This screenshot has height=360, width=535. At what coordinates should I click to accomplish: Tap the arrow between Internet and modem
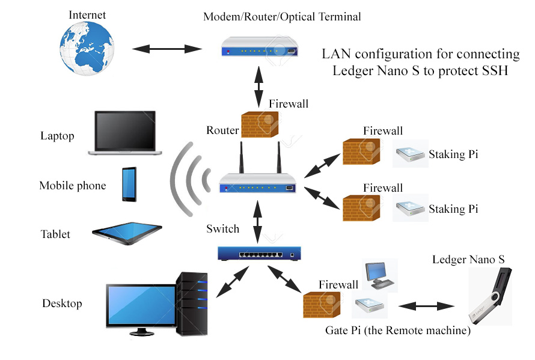pos(166,49)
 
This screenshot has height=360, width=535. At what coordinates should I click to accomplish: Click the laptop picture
pos(126,133)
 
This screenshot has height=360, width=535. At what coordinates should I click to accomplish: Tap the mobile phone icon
pos(129,184)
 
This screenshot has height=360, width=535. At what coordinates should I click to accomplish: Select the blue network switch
pos(259,254)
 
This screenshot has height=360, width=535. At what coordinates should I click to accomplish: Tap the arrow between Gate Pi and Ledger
pos(429,305)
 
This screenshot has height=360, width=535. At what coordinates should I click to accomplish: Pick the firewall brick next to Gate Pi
pos(321,305)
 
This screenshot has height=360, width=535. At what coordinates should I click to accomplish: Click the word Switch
pos(223,229)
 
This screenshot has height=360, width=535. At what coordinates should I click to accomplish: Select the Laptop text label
pos(58,136)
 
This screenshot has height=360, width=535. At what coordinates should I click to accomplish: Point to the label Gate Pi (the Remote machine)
pos(397,331)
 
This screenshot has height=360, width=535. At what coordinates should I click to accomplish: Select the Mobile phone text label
pos(73,186)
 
